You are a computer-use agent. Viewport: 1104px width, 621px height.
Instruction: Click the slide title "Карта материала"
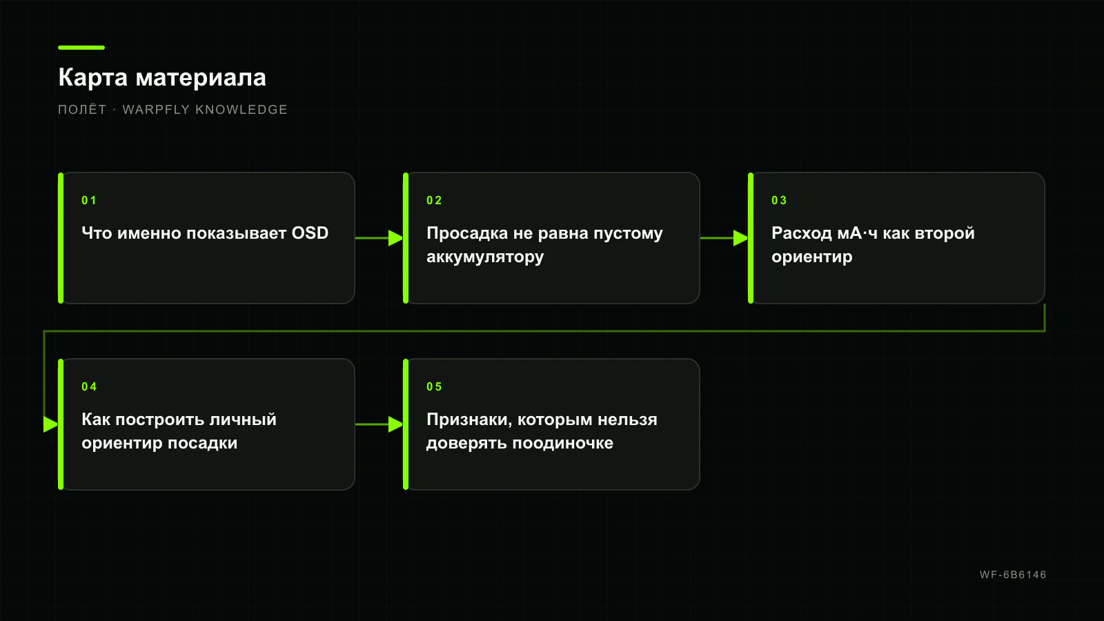click(x=162, y=78)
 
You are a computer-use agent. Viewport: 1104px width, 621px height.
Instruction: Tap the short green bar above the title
click(x=81, y=48)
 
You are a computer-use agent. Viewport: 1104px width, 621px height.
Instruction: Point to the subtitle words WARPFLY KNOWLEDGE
click(x=205, y=110)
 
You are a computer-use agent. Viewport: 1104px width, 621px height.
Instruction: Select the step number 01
click(x=89, y=201)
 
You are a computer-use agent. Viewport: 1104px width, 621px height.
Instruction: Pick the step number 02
click(x=434, y=201)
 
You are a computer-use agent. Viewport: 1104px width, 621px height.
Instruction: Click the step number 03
click(x=779, y=201)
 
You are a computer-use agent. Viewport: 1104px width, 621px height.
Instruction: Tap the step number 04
click(x=89, y=387)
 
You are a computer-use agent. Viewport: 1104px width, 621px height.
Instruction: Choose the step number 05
click(x=434, y=387)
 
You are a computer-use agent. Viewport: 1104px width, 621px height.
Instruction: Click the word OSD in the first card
click(x=310, y=233)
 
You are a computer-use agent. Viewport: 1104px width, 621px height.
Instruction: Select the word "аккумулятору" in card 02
click(x=485, y=257)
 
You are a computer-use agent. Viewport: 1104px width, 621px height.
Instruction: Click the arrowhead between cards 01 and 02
click(x=396, y=238)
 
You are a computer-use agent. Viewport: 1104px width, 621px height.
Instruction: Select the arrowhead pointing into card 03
click(x=741, y=238)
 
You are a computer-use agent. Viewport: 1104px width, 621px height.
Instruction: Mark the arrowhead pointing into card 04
click(x=51, y=424)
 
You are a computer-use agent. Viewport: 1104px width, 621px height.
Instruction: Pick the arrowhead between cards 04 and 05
click(x=396, y=424)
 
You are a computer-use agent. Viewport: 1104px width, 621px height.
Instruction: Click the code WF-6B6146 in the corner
click(x=1013, y=575)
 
